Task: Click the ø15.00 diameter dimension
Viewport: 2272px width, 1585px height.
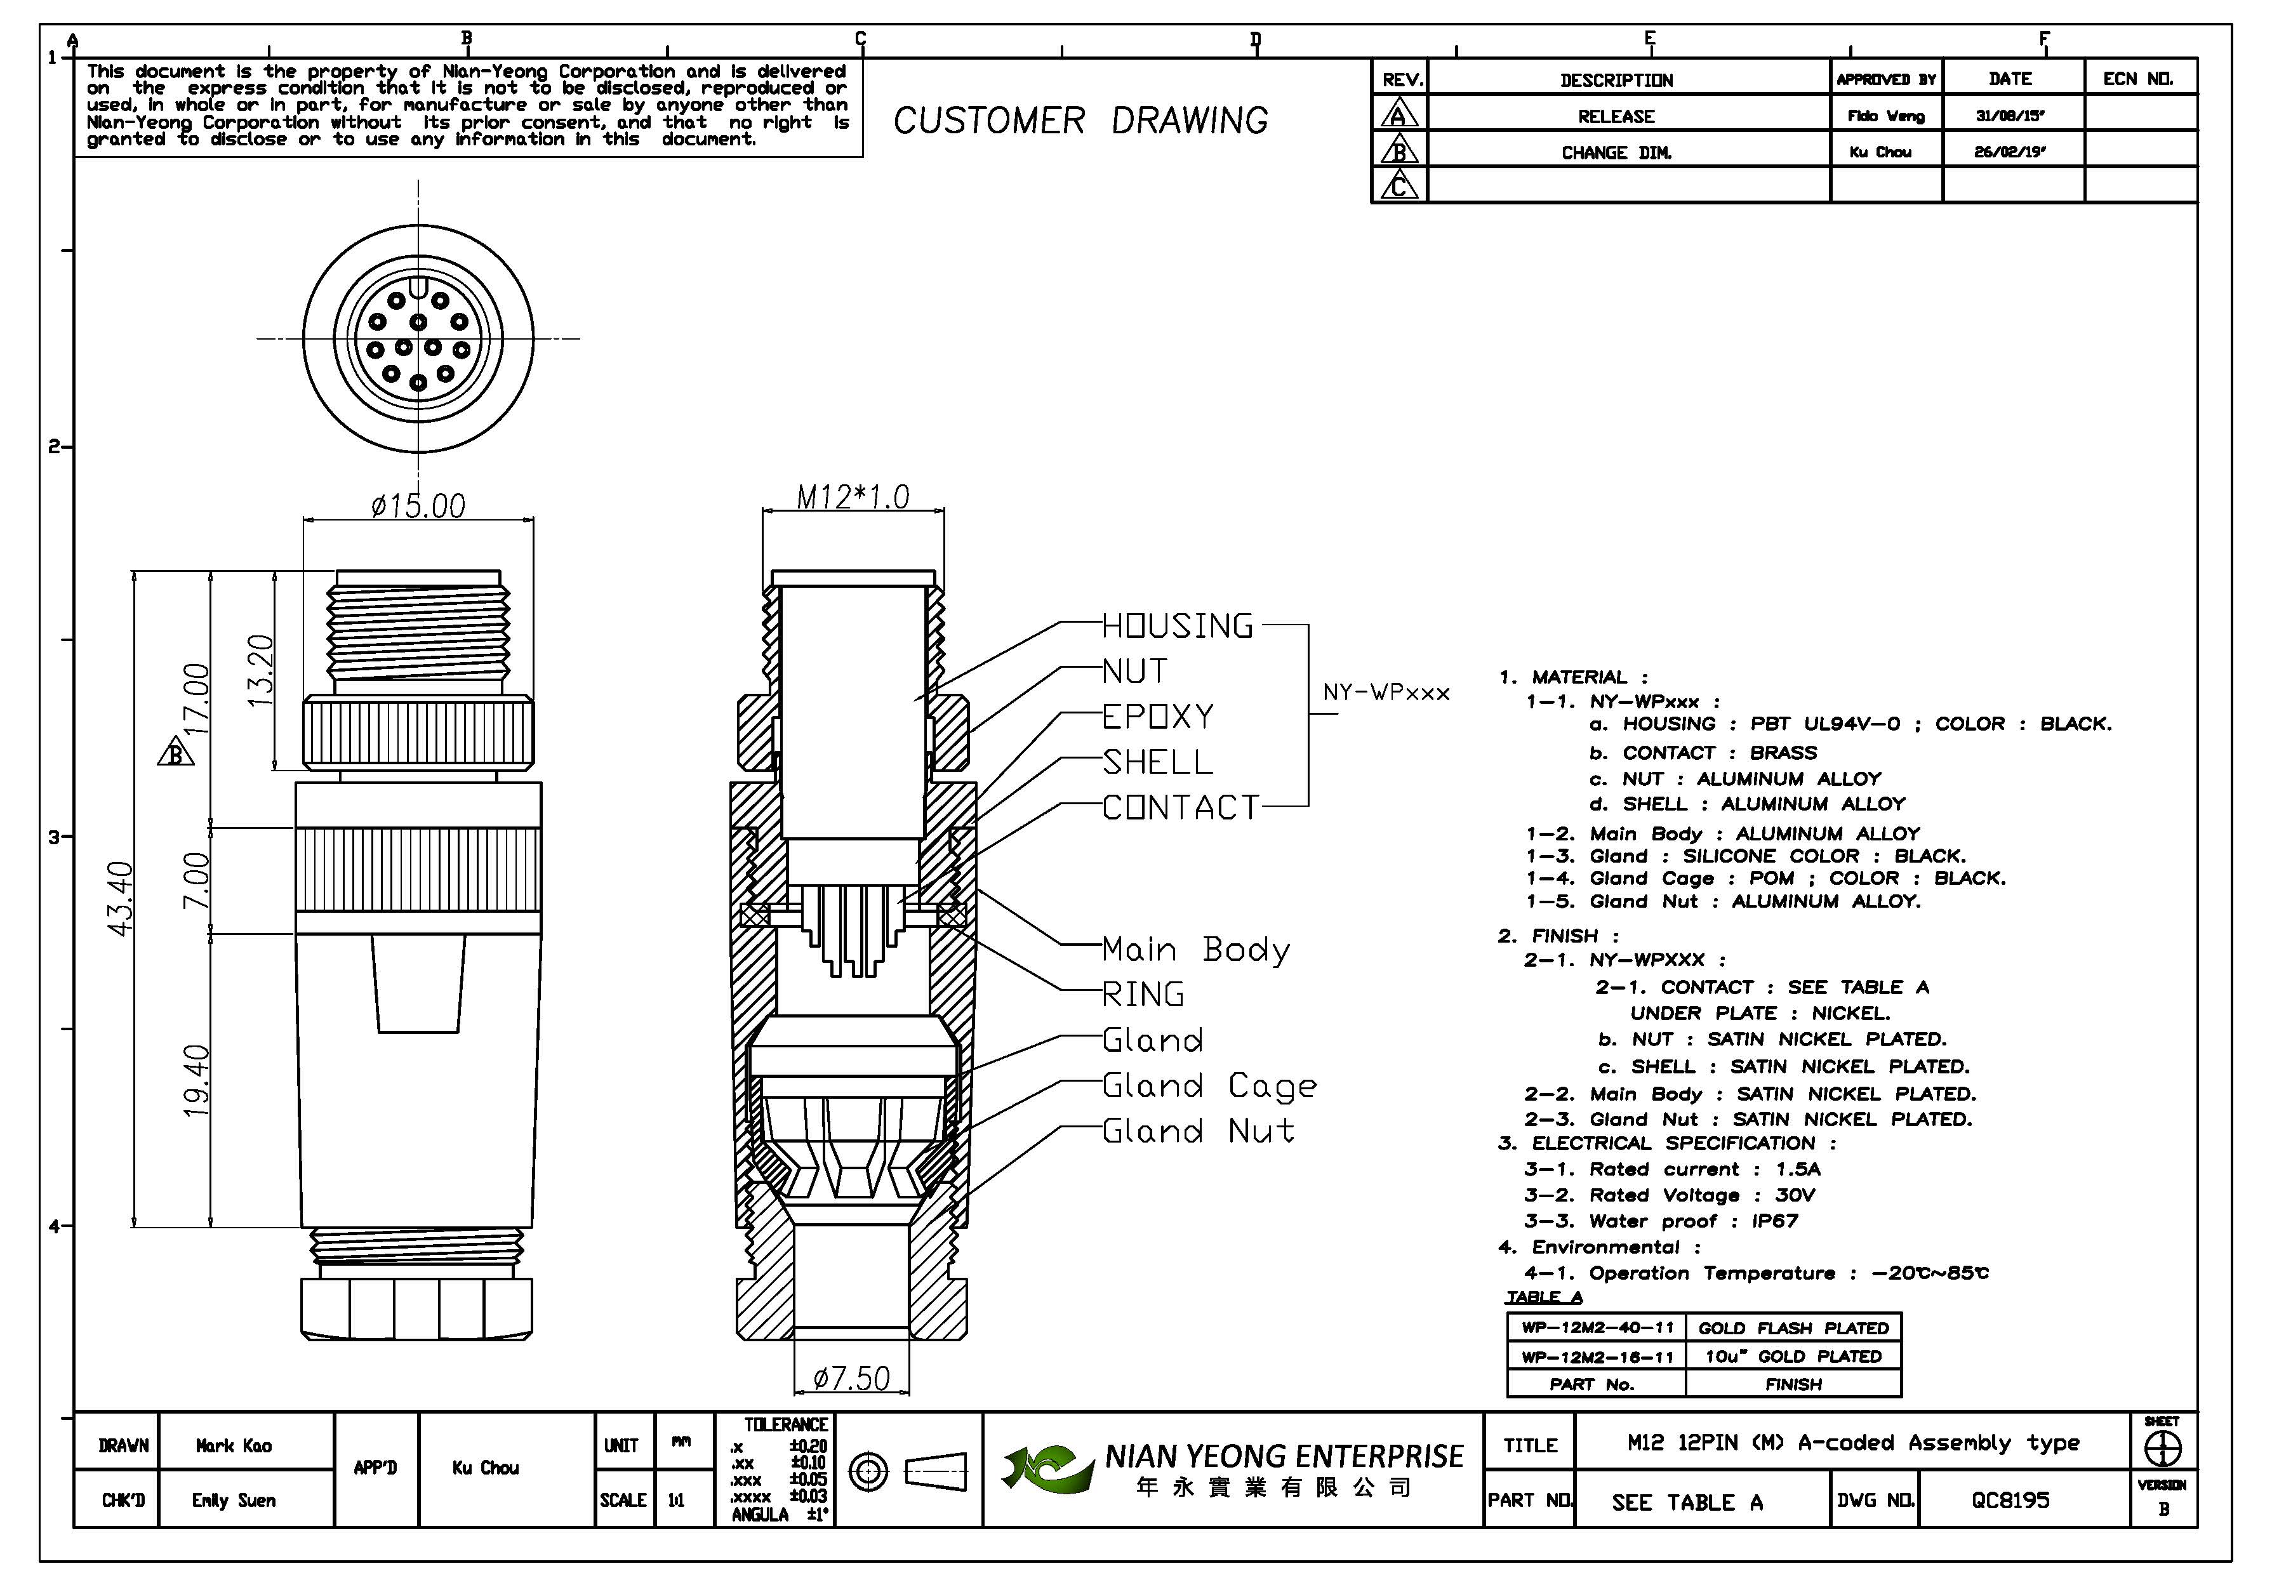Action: point(418,507)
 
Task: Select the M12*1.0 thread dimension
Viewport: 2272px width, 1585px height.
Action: point(853,496)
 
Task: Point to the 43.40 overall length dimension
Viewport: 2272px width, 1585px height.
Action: point(120,898)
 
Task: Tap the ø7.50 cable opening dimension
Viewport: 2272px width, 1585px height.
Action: point(851,1377)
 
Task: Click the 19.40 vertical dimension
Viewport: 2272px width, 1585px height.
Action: point(197,1080)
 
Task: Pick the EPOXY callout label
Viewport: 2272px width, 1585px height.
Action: point(1158,716)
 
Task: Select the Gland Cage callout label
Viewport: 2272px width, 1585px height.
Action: point(1209,1085)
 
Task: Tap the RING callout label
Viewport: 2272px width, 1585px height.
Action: point(1143,994)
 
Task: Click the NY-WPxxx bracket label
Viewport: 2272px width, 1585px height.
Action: point(1385,693)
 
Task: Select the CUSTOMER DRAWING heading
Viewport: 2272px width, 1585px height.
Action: point(1080,121)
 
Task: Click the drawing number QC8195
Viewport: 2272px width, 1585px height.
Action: point(2010,1500)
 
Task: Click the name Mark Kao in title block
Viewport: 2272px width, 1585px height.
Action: point(234,1445)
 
